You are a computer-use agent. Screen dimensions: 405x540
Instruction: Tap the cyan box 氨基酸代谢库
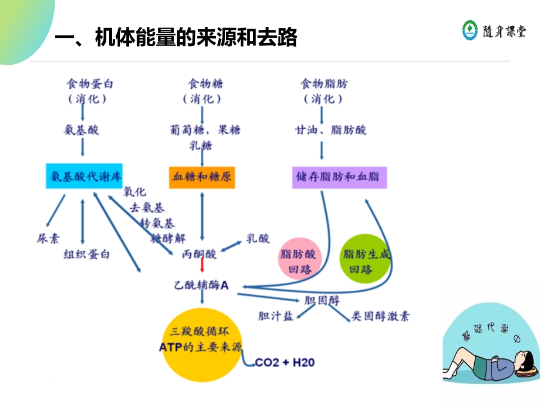pyautogui.click(x=83, y=177)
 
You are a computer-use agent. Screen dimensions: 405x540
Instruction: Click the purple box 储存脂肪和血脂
pyautogui.click(x=340, y=177)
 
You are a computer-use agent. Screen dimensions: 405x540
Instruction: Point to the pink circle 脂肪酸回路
pyautogui.click(x=299, y=261)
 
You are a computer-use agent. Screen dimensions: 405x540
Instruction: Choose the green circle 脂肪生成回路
pyautogui.click(x=366, y=259)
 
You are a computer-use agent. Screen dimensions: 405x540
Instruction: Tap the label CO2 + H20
pyautogui.click(x=285, y=362)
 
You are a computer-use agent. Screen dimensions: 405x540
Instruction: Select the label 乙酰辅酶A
pyautogui.click(x=201, y=286)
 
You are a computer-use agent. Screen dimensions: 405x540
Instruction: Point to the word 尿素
pyautogui.click(x=48, y=238)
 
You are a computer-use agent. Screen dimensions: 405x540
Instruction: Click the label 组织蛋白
pyautogui.click(x=87, y=254)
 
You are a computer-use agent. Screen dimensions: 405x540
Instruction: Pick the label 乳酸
pyautogui.click(x=258, y=238)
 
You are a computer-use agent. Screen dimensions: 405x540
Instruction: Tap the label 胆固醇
pyautogui.click(x=322, y=300)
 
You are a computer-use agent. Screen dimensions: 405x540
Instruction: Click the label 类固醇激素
pyautogui.click(x=380, y=316)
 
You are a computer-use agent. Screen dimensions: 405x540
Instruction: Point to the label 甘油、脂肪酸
pyautogui.click(x=331, y=130)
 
